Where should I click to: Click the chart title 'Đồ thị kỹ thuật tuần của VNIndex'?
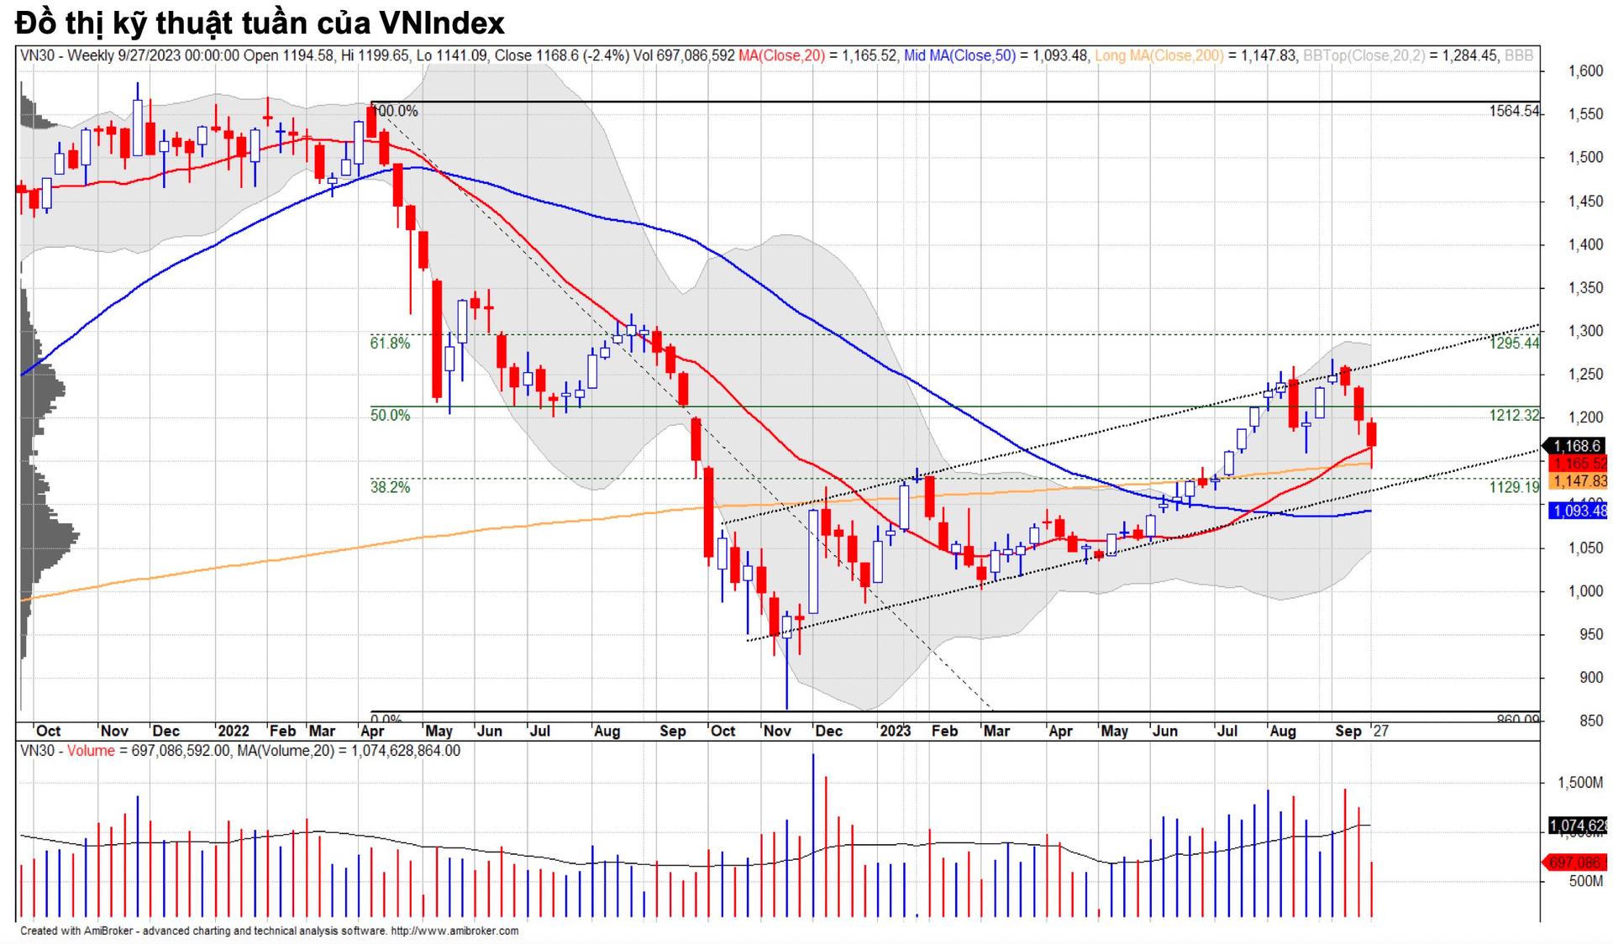pos(260,23)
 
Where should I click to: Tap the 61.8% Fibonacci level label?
pos(390,343)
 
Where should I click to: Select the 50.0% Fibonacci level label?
pos(390,415)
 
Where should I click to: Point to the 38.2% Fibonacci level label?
pos(390,487)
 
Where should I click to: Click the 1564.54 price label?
pos(1514,111)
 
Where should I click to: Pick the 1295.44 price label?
pos(1514,343)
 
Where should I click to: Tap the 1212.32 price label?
pos(1514,415)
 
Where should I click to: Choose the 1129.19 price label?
pos(1514,487)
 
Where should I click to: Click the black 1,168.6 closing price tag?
pos(1576,446)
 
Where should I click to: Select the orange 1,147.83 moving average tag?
pos(1579,481)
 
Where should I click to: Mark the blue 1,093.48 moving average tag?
pos(1579,511)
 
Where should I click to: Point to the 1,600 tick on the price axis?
pos(1585,71)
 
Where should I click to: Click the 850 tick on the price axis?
pos(1590,721)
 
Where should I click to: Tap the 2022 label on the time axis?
pos(233,731)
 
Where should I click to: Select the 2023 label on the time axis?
pos(895,731)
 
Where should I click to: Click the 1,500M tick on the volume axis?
pos(1580,782)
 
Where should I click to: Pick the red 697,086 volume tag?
pos(1577,863)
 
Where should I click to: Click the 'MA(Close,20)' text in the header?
pos(781,55)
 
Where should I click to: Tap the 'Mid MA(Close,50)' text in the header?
pos(959,55)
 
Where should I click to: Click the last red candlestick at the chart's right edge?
pos(1372,435)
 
